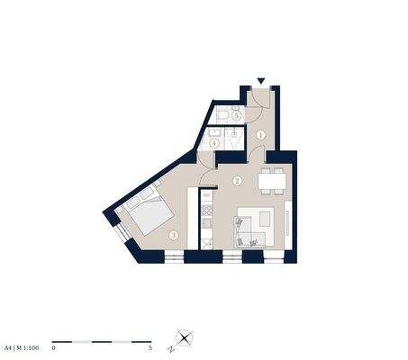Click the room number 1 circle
260,135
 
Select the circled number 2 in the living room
238,180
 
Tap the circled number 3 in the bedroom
173,236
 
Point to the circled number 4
214,141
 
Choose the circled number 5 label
237,115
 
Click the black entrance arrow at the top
260,81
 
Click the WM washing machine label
206,195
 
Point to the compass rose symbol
185,337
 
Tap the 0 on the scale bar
54,346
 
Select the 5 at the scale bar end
150,346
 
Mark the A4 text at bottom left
8,346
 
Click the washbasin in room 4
235,136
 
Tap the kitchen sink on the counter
206,217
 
